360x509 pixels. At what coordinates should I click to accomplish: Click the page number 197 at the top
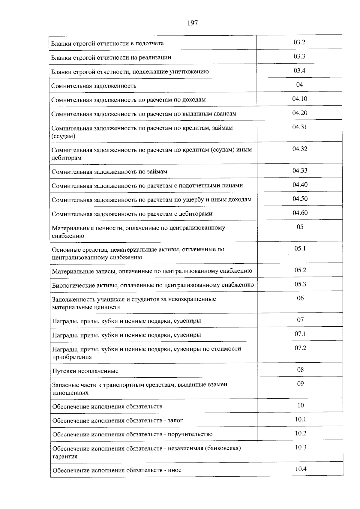click(x=192, y=23)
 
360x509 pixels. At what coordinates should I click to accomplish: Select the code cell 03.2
click(x=299, y=42)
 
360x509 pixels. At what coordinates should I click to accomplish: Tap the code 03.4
click(x=299, y=70)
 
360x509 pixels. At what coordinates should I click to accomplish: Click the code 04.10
click(x=300, y=99)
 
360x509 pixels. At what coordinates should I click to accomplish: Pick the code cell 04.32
click(x=300, y=149)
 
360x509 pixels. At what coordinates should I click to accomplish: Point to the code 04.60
click(x=300, y=213)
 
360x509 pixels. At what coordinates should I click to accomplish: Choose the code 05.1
click(x=300, y=248)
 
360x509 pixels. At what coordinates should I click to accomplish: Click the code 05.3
click(x=300, y=284)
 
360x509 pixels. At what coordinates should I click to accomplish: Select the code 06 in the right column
click(x=300, y=298)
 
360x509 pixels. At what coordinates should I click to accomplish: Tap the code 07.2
click(x=300, y=348)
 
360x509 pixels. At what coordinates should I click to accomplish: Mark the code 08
click(x=300, y=370)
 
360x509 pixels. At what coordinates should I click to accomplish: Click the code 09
click(x=300, y=384)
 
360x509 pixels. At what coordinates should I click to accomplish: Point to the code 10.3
click(x=301, y=447)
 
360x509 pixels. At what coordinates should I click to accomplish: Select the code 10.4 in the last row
click(x=301, y=469)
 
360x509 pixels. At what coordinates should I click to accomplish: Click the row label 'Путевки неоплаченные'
click(x=85, y=371)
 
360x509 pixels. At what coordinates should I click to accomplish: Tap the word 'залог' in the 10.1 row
click(x=175, y=421)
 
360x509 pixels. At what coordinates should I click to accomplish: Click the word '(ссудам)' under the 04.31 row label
click(x=63, y=136)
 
